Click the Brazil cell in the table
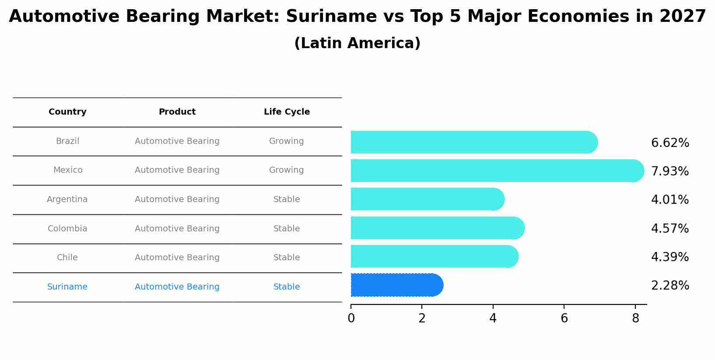[x=67, y=141]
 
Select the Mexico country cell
[x=68, y=170]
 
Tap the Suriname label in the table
[x=67, y=287]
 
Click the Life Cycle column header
[x=287, y=112]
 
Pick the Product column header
[x=177, y=112]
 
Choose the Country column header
[x=67, y=112]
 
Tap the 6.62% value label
[x=670, y=143]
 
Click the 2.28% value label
[x=670, y=286]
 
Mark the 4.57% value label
[x=670, y=229]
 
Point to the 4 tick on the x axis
[x=493, y=318]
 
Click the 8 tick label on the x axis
[x=635, y=318]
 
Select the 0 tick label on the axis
[x=351, y=318]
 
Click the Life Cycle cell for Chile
[x=287, y=258]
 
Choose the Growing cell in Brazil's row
[x=287, y=141]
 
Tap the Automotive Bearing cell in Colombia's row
[x=177, y=229]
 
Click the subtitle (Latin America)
[x=357, y=43]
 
